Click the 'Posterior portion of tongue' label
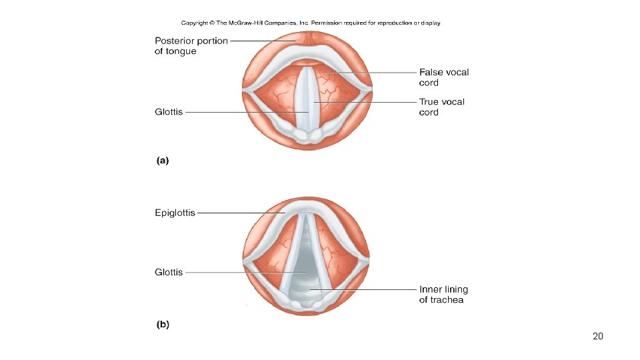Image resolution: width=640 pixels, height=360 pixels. [x=191, y=46]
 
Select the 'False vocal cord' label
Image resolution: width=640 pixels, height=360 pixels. [x=443, y=77]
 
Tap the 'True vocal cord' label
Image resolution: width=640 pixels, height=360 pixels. [x=441, y=107]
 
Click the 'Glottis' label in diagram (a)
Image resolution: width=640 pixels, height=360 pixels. [x=169, y=112]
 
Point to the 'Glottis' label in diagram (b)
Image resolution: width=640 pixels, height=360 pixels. [x=169, y=272]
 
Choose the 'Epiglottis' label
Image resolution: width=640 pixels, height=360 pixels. [x=175, y=213]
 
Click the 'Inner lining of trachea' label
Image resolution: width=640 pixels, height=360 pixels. [x=443, y=295]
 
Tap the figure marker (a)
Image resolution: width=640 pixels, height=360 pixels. [x=163, y=160]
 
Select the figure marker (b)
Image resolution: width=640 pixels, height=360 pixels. [x=163, y=325]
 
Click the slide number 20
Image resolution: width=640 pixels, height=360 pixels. [x=597, y=337]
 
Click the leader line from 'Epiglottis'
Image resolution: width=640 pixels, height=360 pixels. [x=240, y=213]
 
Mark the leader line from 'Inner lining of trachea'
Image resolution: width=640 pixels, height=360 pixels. [x=373, y=290]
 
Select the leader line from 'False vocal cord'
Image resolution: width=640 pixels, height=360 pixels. [x=373, y=72]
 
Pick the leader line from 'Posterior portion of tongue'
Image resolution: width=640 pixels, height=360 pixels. [x=263, y=41]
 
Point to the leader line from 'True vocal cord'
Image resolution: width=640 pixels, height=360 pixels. [x=367, y=102]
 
